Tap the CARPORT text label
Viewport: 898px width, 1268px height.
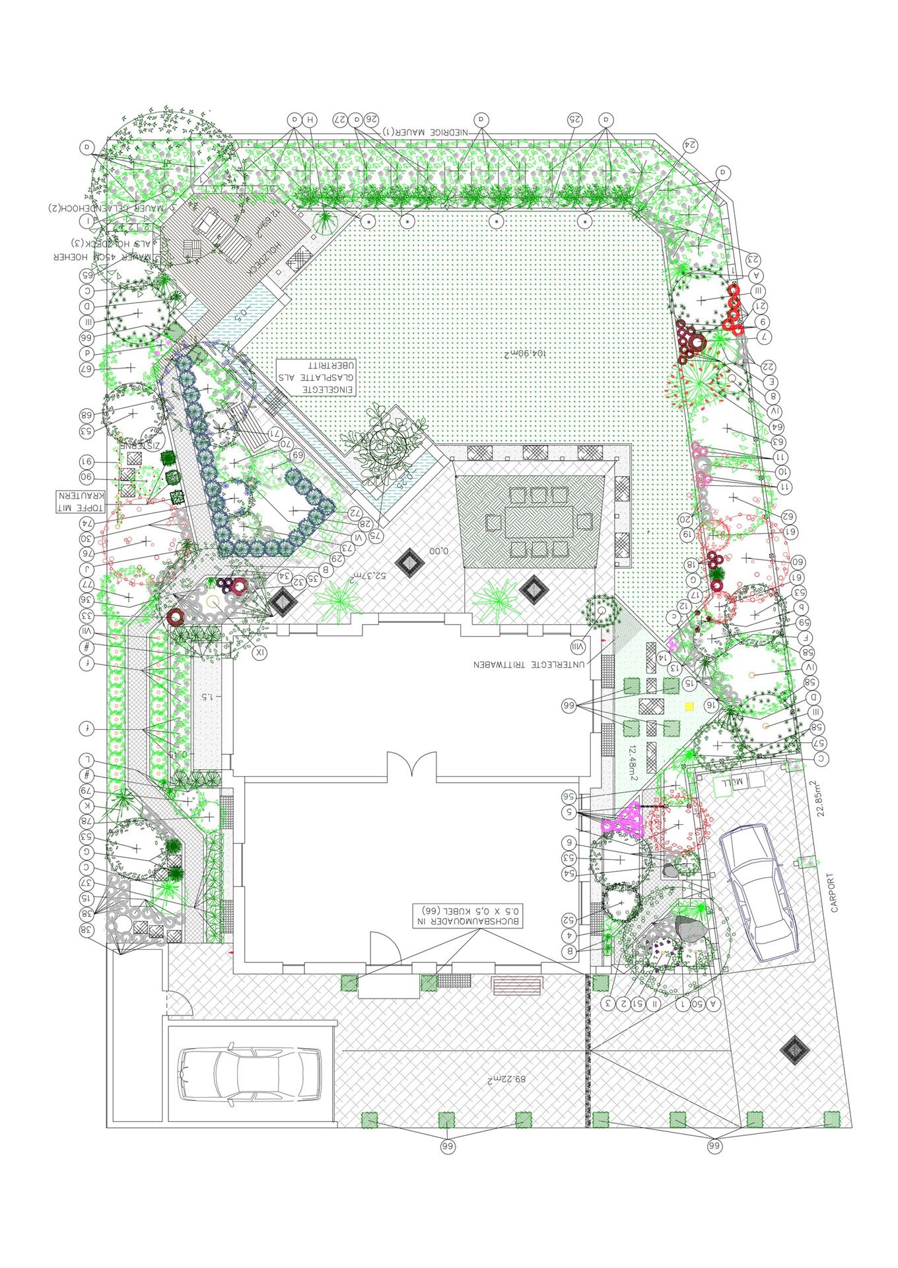(835, 893)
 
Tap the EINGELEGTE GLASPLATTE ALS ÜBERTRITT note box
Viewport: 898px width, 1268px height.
(316, 377)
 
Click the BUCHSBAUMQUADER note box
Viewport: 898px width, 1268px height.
(467, 915)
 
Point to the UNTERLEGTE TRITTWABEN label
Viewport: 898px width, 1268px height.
(529, 664)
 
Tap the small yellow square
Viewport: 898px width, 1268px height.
(689, 706)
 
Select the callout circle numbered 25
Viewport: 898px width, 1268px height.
(574, 120)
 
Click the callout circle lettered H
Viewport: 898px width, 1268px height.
(309, 120)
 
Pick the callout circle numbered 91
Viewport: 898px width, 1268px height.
(86, 462)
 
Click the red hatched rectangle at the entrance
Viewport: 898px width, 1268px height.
(516, 986)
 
